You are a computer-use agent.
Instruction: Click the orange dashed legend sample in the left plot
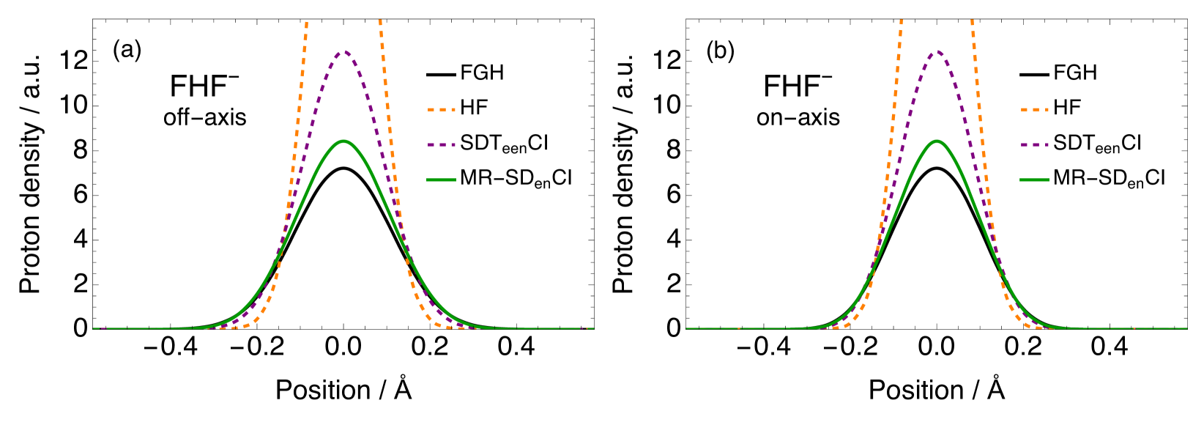[x=442, y=110]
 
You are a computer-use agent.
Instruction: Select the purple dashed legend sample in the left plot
[x=442, y=145]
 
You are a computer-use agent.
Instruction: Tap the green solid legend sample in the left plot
[x=442, y=180]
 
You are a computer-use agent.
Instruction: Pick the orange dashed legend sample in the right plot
[x=1034, y=110]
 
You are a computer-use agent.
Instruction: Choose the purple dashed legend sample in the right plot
[x=1034, y=145]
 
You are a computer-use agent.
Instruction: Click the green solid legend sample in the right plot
[x=1034, y=180]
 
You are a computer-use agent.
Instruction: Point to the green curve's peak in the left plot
[x=343, y=141]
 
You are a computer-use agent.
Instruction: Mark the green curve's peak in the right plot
[x=937, y=141]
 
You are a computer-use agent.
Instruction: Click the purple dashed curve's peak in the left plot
[x=343, y=52]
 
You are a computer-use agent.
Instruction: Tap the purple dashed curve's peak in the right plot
[x=936, y=51]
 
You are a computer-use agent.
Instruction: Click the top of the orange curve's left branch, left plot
[x=306, y=22]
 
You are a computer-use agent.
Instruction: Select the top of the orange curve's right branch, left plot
[x=380, y=21]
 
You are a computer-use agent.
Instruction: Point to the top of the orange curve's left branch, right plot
[x=901, y=21]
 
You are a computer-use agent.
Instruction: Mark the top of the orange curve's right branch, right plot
[x=972, y=21]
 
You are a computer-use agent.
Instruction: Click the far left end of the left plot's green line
[x=94, y=328]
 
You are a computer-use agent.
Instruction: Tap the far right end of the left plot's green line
[x=592, y=328]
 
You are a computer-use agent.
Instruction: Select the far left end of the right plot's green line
[x=687, y=328]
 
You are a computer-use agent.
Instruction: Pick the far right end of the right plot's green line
[x=1186, y=328]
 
